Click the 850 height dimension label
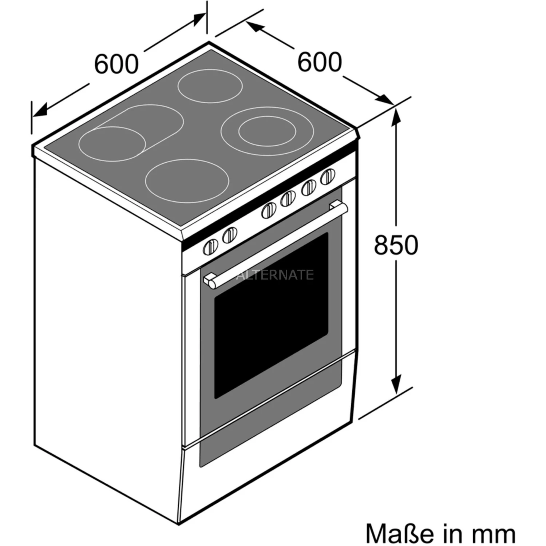(x=396, y=245)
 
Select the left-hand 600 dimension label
(x=116, y=64)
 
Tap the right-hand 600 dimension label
(x=320, y=62)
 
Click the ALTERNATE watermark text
(x=275, y=274)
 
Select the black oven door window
(x=271, y=315)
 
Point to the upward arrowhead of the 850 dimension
(x=396, y=117)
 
